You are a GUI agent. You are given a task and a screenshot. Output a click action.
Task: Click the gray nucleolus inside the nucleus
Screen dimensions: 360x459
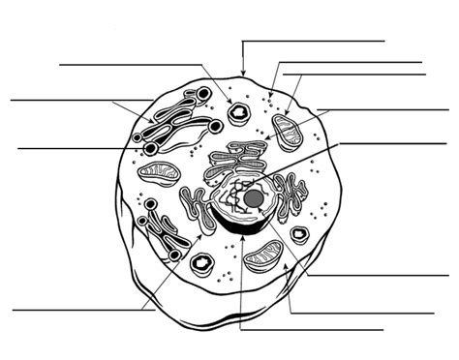pos(254,197)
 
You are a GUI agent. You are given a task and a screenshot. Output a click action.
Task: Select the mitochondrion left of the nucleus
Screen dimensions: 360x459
pos(159,175)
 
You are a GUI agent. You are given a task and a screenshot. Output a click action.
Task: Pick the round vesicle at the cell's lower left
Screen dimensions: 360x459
pos(202,264)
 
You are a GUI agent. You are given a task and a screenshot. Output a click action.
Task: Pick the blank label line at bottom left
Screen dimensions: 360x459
pos(77,311)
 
